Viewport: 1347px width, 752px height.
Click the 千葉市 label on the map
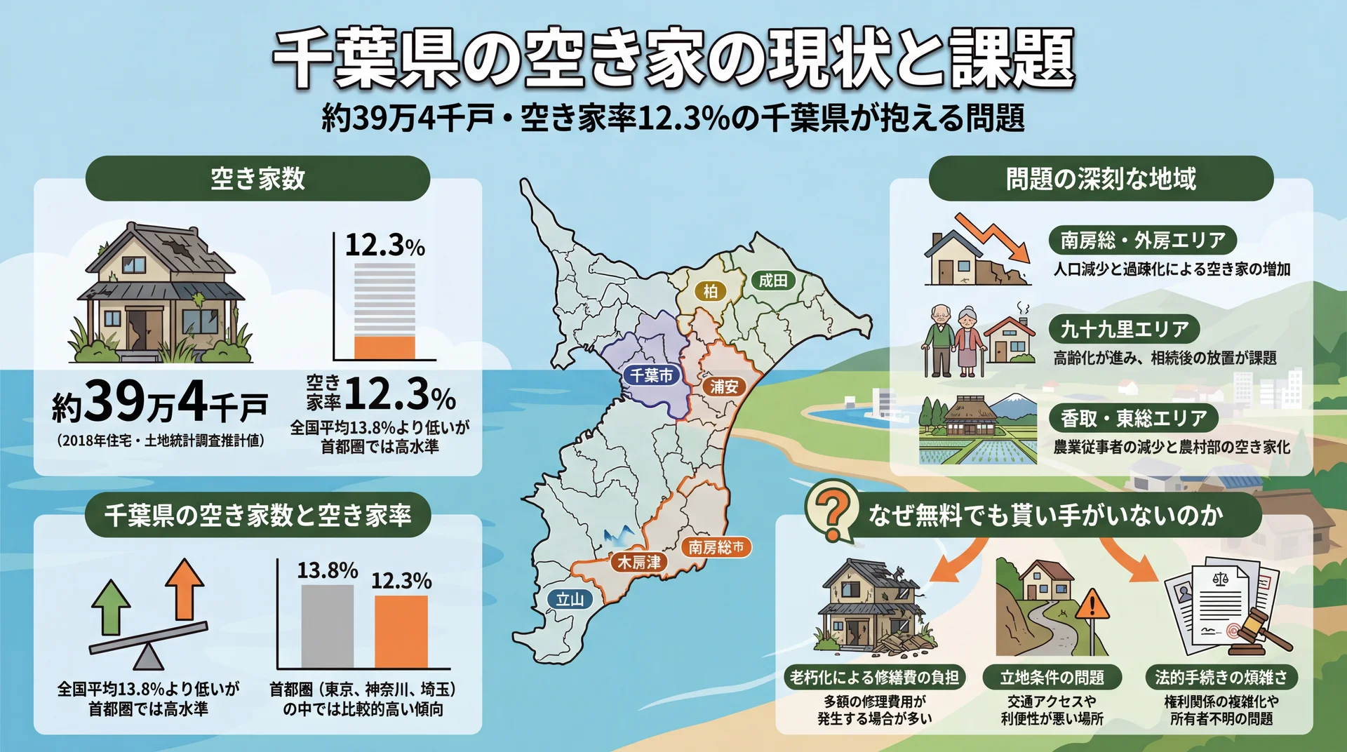click(651, 375)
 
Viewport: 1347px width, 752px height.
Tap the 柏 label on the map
click(710, 290)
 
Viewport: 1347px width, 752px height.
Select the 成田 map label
click(772, 281)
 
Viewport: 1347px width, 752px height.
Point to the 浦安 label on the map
click(724, 386)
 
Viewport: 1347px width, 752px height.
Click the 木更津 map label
click(638, 562)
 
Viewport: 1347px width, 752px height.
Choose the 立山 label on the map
click(570, 599)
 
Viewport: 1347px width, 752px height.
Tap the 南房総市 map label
click(716, 546)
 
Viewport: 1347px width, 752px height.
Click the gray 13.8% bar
click(327, 626)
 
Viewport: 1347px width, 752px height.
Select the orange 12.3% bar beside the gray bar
click(401, 631)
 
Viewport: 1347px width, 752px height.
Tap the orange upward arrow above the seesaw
click(185, 589)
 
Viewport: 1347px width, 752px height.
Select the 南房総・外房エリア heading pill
click(1142, 241)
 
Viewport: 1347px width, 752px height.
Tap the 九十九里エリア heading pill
click(1124, 328)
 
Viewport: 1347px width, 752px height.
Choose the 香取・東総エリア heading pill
click(1133, 418)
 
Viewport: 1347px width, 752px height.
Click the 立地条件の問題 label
click(1052, 677)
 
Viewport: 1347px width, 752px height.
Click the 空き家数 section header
click(257, 178)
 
